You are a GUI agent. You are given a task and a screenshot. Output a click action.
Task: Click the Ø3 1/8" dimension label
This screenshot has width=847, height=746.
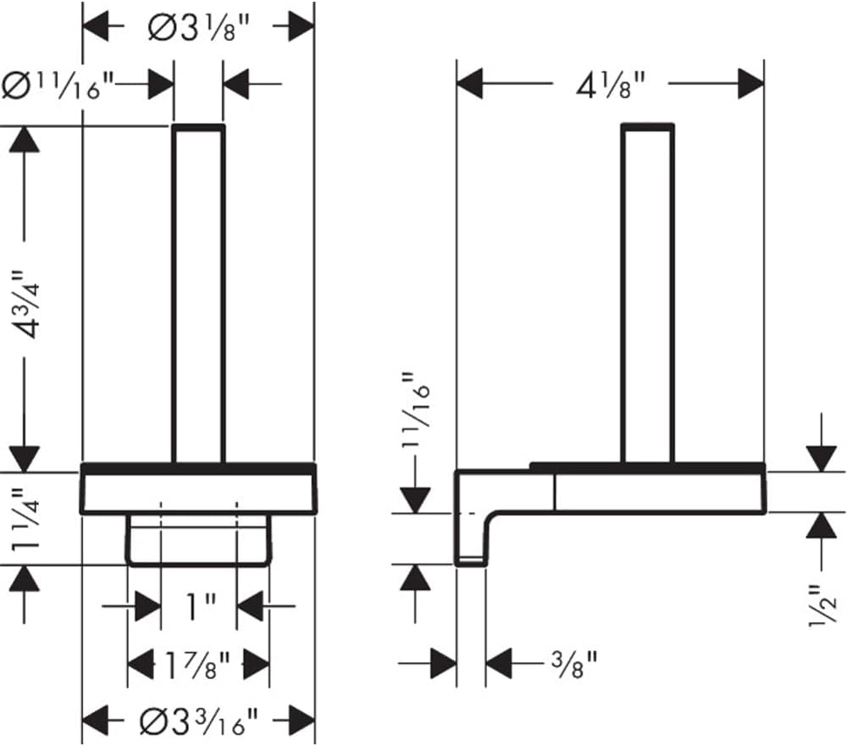(x=199, y=27)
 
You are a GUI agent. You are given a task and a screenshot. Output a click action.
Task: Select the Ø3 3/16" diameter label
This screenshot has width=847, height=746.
(x=199, y=721)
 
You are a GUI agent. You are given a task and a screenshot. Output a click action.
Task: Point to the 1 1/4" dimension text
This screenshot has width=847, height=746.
(x=26, y=520)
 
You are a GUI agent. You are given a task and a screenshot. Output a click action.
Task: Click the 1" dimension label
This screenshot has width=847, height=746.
(x=201, y=606)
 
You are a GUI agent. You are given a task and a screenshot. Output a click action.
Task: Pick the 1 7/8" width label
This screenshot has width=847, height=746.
(x=197, y=665)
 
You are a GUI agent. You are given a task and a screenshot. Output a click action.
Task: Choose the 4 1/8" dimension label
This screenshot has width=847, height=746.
(x=611, y=86)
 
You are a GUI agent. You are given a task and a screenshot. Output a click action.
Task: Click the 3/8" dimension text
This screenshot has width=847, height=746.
(x=573, y=664)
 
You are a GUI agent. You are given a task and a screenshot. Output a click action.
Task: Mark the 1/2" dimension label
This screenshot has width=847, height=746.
(x=822, y=605)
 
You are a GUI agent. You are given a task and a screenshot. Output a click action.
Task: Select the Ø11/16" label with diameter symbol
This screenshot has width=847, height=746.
(x=58, y=86)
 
